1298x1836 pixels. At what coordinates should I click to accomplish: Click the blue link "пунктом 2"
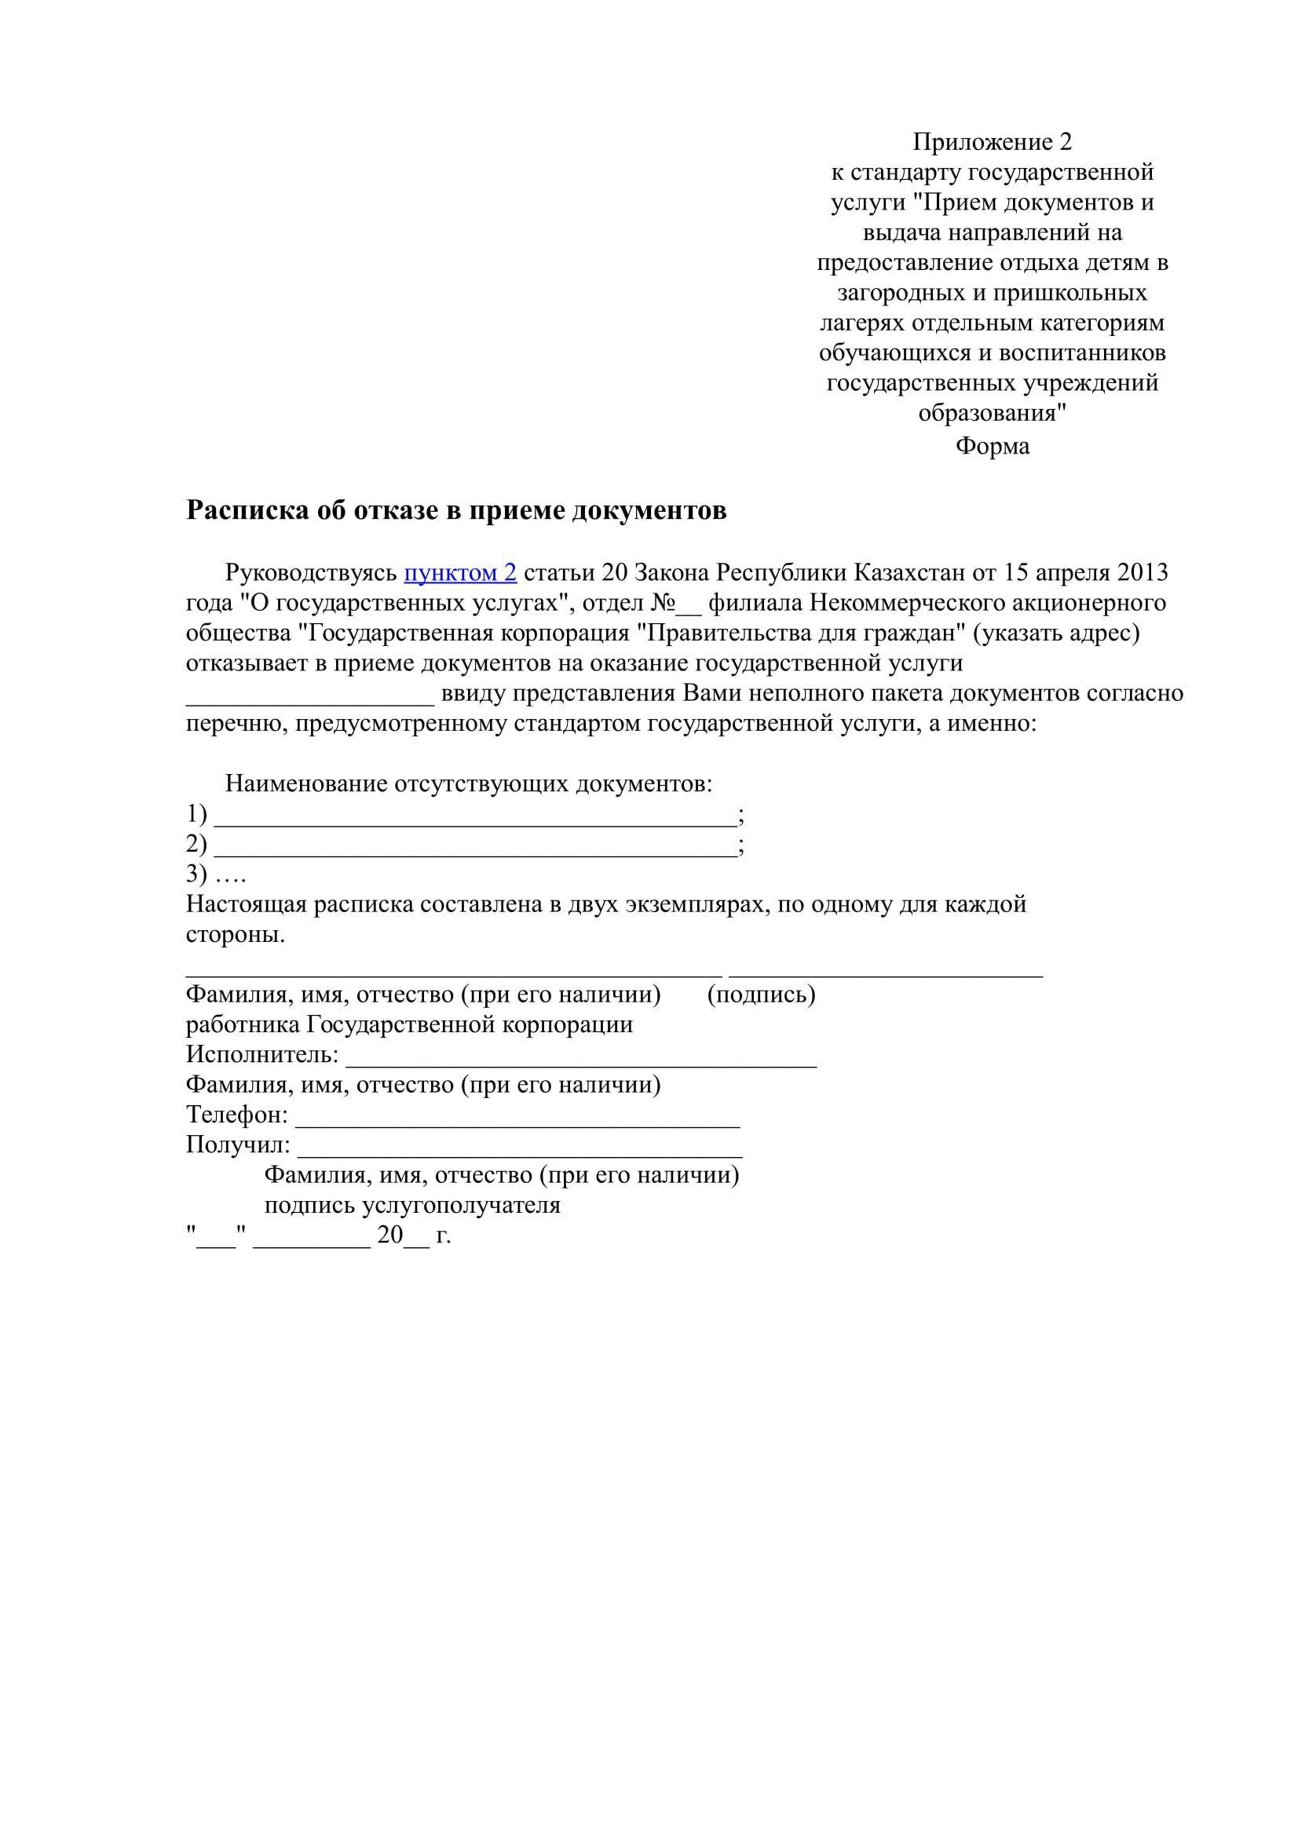coord(460,572)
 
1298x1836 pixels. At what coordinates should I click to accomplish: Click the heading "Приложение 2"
coord(992,142)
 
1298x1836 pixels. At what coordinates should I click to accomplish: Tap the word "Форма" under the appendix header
coord(992,445)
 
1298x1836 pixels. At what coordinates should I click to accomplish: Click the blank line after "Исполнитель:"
coord(580,1064)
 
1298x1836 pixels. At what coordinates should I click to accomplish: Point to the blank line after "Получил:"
coord(520,1155)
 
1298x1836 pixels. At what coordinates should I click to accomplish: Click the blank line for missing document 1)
coord(475,823)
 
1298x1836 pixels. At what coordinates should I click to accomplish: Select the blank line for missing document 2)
coord(475,853)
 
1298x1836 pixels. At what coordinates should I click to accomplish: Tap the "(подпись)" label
coord(761,995)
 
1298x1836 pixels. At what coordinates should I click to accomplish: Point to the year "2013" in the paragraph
coord(1142,572)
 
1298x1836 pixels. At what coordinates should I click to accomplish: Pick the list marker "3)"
coord(197,874)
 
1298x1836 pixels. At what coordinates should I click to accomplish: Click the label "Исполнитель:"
coord(262,1055)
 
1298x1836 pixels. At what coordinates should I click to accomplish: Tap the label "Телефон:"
coord(236,1115)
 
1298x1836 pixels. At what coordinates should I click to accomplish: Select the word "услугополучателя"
coord(462,1205)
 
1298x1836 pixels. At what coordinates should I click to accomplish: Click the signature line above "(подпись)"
coord(885,975)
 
